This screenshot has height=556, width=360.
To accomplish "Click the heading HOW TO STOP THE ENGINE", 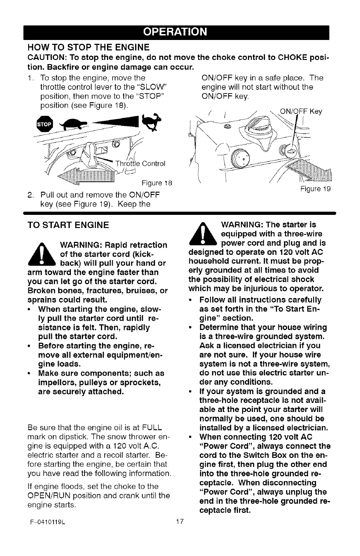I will (x=89, y=47).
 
